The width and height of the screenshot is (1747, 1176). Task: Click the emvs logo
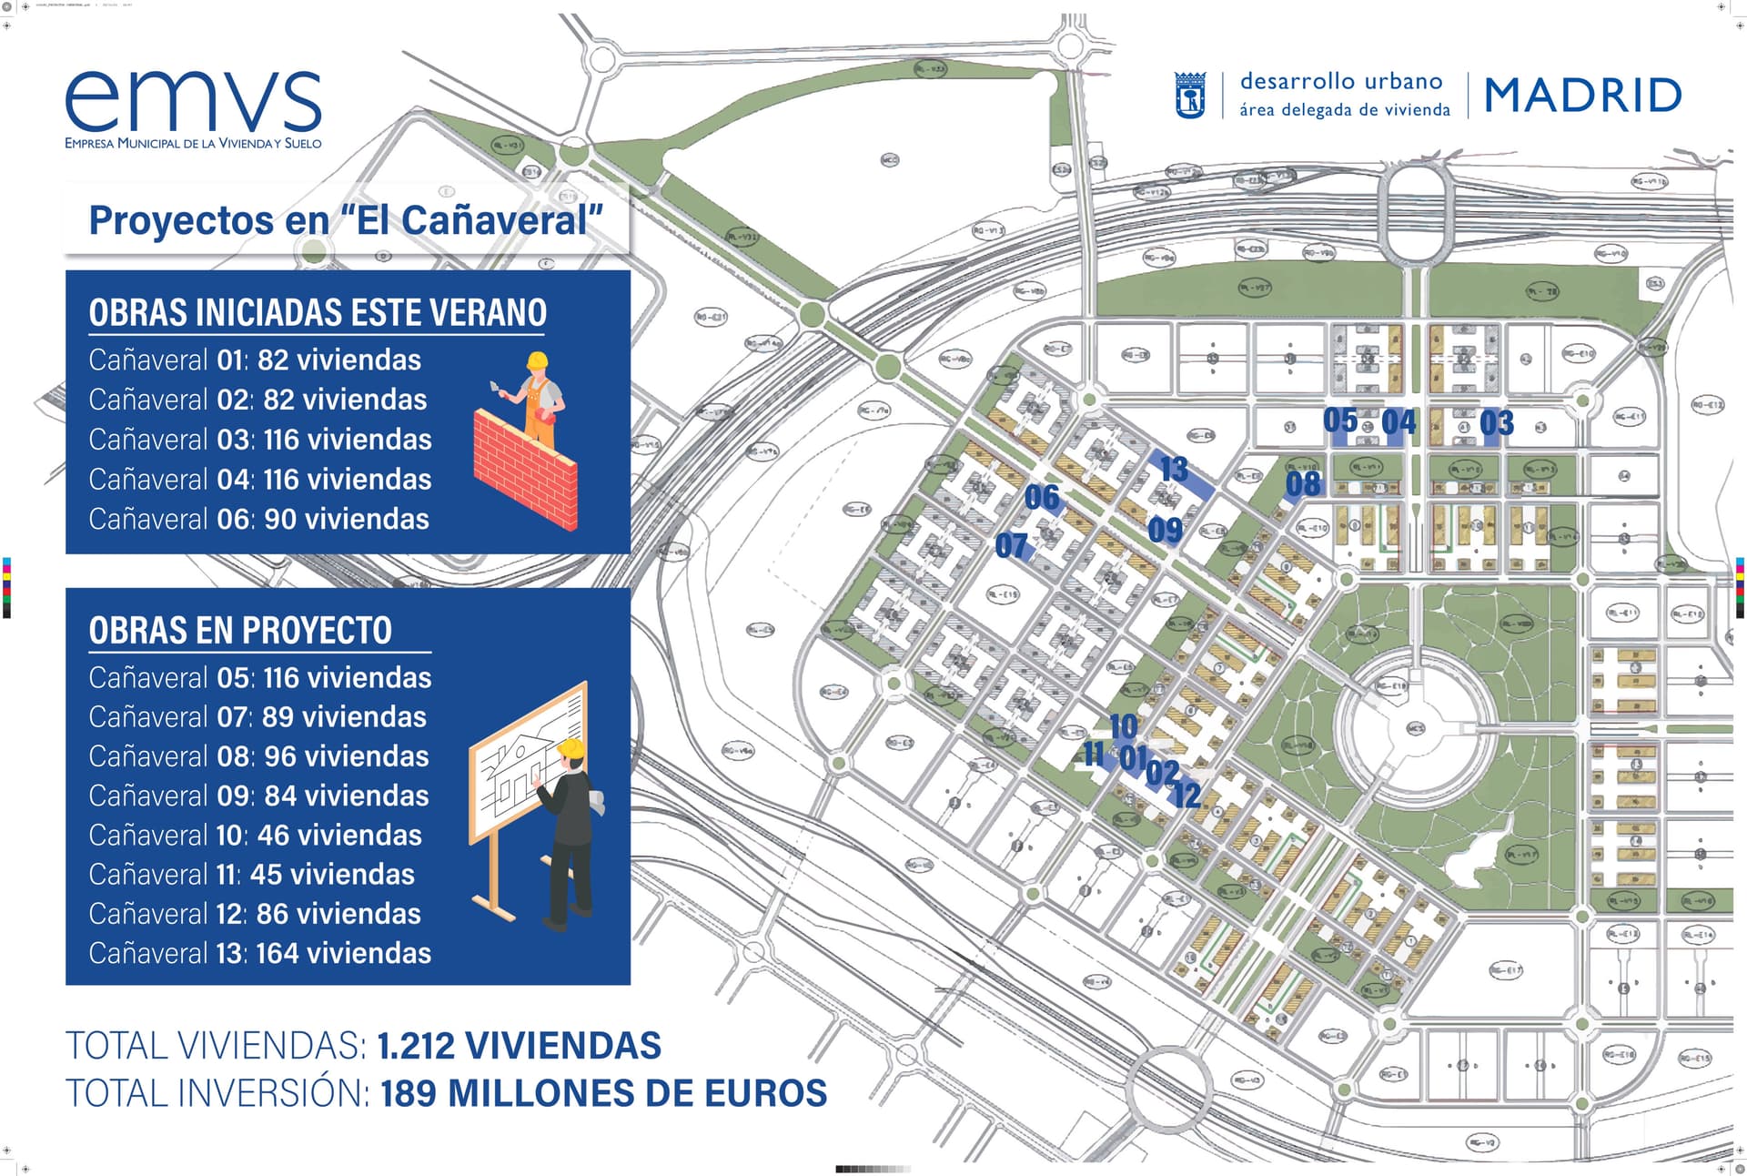click(x=193, y=108)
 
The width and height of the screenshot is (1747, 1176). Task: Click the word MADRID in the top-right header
click(x=1582, y=96)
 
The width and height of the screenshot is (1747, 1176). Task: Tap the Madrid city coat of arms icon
click(x=1190, y=96)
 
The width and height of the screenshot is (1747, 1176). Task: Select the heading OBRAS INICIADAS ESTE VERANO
click(x=318, y=312)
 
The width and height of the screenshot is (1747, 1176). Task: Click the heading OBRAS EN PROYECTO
click(x=240, y=630)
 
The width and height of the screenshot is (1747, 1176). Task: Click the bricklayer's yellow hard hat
click(x=537, y=360)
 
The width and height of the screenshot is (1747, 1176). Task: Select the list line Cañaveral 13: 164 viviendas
click(x=259, y=953)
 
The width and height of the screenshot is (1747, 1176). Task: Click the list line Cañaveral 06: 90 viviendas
click(x=258, y=519)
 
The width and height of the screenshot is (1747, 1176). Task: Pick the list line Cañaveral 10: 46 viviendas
click(x=255, y=835)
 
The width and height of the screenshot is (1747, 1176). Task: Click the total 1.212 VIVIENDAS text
click(x=519, y=1046)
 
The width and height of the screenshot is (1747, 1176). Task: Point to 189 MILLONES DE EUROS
click(x=603, y=1093)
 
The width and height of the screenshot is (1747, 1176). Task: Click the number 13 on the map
click(x=1174, y=469)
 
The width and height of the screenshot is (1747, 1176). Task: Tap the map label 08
click(x=1303, y=484)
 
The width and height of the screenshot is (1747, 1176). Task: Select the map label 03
click(x=1496, y=423)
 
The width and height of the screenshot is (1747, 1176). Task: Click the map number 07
click(x=1011, y=546)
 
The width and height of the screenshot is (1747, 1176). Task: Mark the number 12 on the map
click(x=1186, y=795)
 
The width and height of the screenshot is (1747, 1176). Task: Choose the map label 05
click(x=1339, y=421)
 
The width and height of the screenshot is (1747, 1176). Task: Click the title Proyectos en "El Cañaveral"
click(x=346, y=220)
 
